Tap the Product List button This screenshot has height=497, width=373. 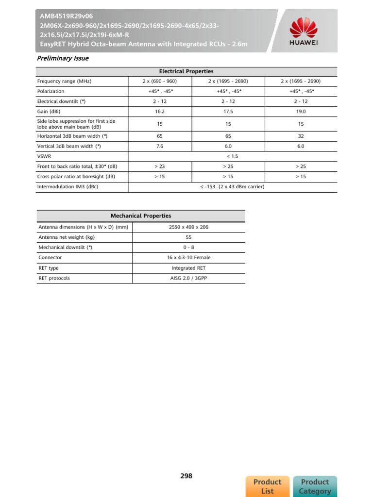pos(267,486)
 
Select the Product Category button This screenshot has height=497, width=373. pos(315,486)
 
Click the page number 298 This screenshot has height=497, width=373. pos(186,476)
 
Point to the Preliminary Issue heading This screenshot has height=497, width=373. pos(63,58)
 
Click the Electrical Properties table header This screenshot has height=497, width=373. pos(186,71)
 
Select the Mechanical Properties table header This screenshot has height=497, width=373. pos(141,216)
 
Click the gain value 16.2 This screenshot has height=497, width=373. pos(160,111)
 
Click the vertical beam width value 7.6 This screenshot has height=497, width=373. pos(160,146)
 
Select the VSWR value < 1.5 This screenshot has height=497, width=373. pos(232,156)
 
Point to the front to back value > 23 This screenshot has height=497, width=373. pos(160,166)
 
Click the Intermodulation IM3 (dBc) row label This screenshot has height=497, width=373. pos(68,187)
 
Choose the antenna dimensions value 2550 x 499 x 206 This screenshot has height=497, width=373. pos(189,227)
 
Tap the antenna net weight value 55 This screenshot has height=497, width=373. pos(189,237)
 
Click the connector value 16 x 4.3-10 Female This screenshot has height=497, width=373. pos(189,258)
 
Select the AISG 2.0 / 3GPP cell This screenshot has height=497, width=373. pos(189,278)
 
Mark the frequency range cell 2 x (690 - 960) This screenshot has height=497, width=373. pos(160,81)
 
